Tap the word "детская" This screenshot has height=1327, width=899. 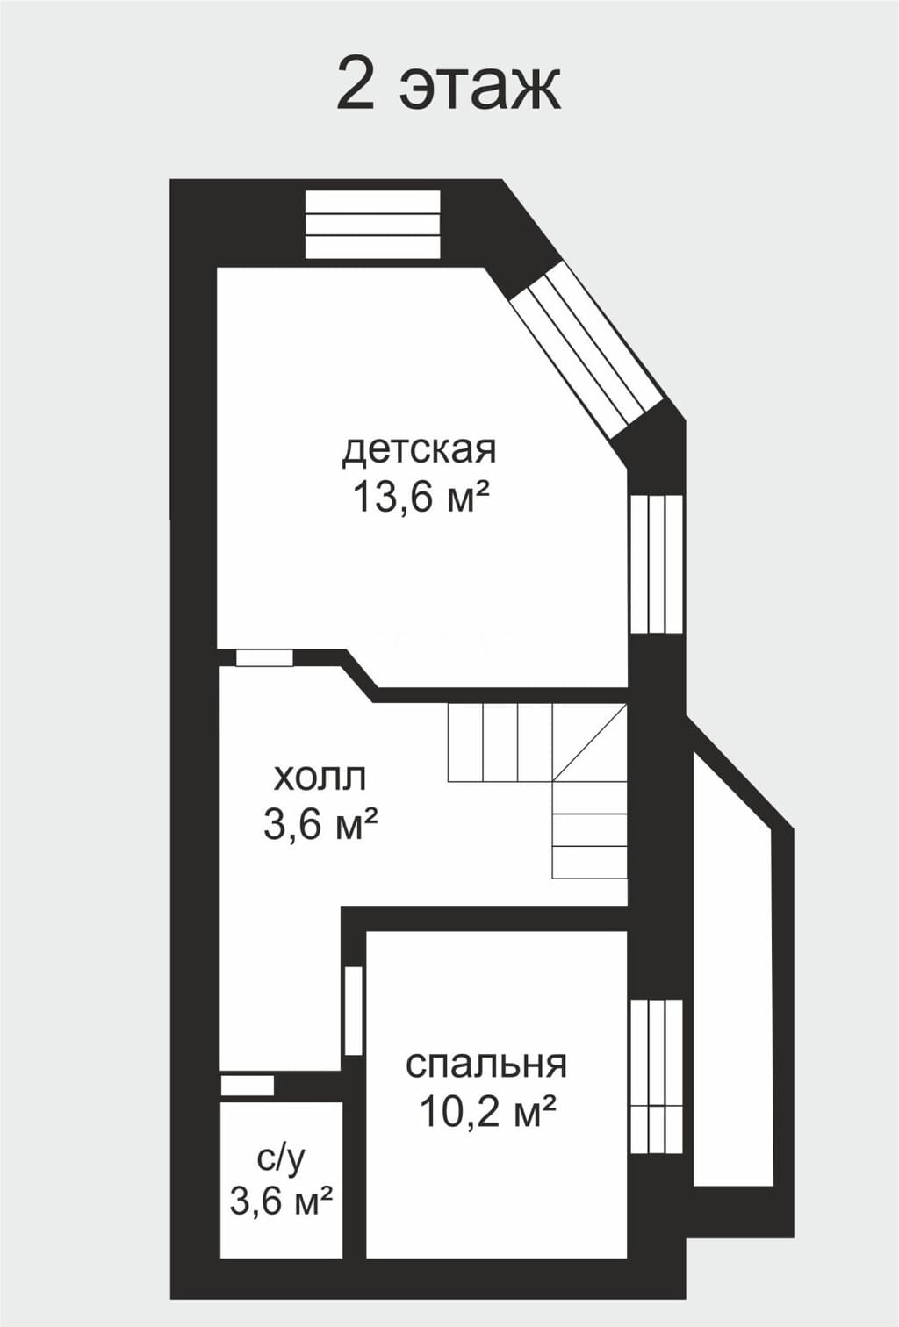pyautogui.click(x=419, y=451)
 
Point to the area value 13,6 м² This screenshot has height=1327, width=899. pyautogui.click(x=421, y=497)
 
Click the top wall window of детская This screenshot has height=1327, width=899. pyautogui.click(x=373, y=224)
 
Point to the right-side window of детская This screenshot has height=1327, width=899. pyautogui.click(x=656, y=564)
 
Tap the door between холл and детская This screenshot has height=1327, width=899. pyautogui.click(x=264, y=658)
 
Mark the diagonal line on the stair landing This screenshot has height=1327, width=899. pyautogui.click(x=590, y=742)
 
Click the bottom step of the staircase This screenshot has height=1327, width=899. pyautogui.click(x=590, y=862)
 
